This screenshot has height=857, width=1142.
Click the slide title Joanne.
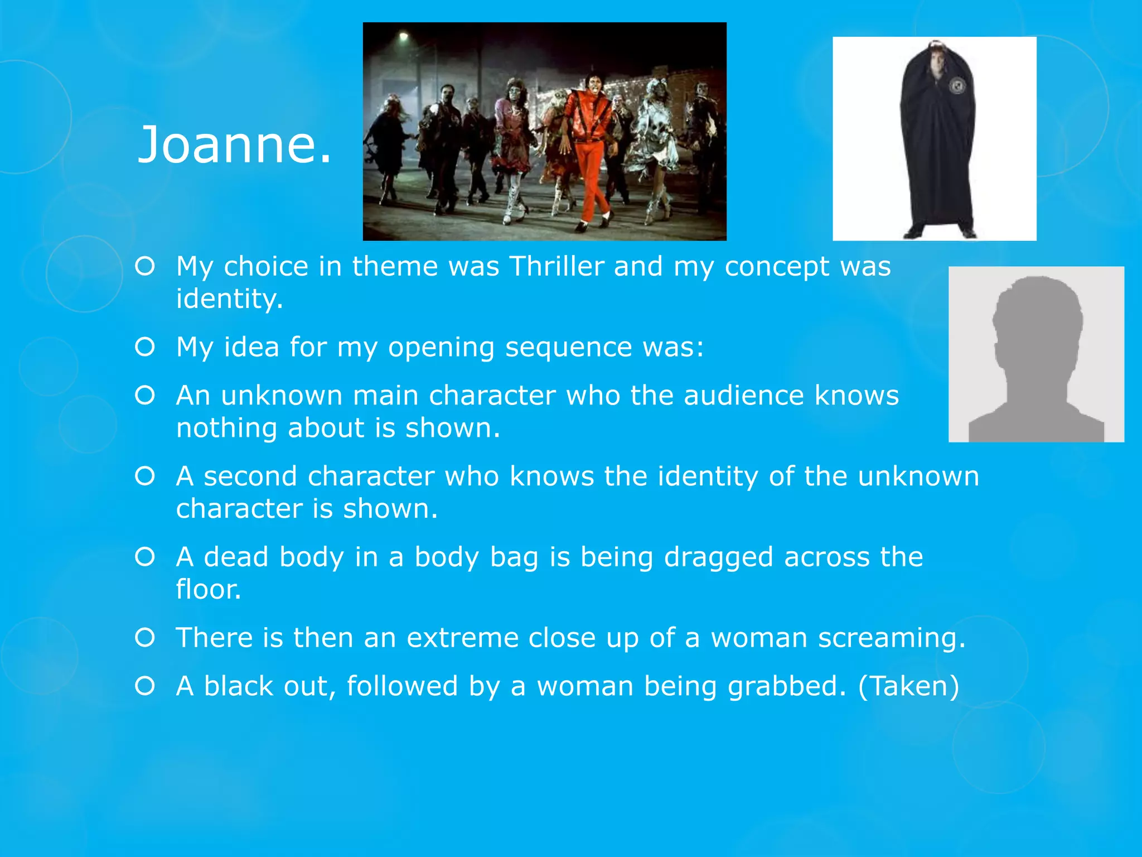pyautogui.click(x=234, y=145)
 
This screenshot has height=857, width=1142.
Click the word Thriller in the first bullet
pyautogui.click(x=557, y=266)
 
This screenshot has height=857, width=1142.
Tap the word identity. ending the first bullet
pyautogui.click(x=230, y=299)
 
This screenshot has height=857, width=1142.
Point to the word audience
pyautogui.click(x=744, y=396)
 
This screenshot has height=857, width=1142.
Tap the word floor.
pyautogui.click(x=209, y=590)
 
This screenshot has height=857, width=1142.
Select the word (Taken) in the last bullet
pyautogui.click(x=909, y=686)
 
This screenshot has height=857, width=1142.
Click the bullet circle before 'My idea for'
pyautogui.click(x=145, y=347)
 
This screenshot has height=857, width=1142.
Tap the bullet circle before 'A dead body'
pyautogui.click(x=145, y=557)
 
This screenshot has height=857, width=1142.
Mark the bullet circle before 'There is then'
pyautogui.click(x=145, y=637)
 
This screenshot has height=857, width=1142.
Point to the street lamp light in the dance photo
pyautogui.click(x=403, y=37)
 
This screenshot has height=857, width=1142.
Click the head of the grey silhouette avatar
pyautogui.click(x=1038, y=318)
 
